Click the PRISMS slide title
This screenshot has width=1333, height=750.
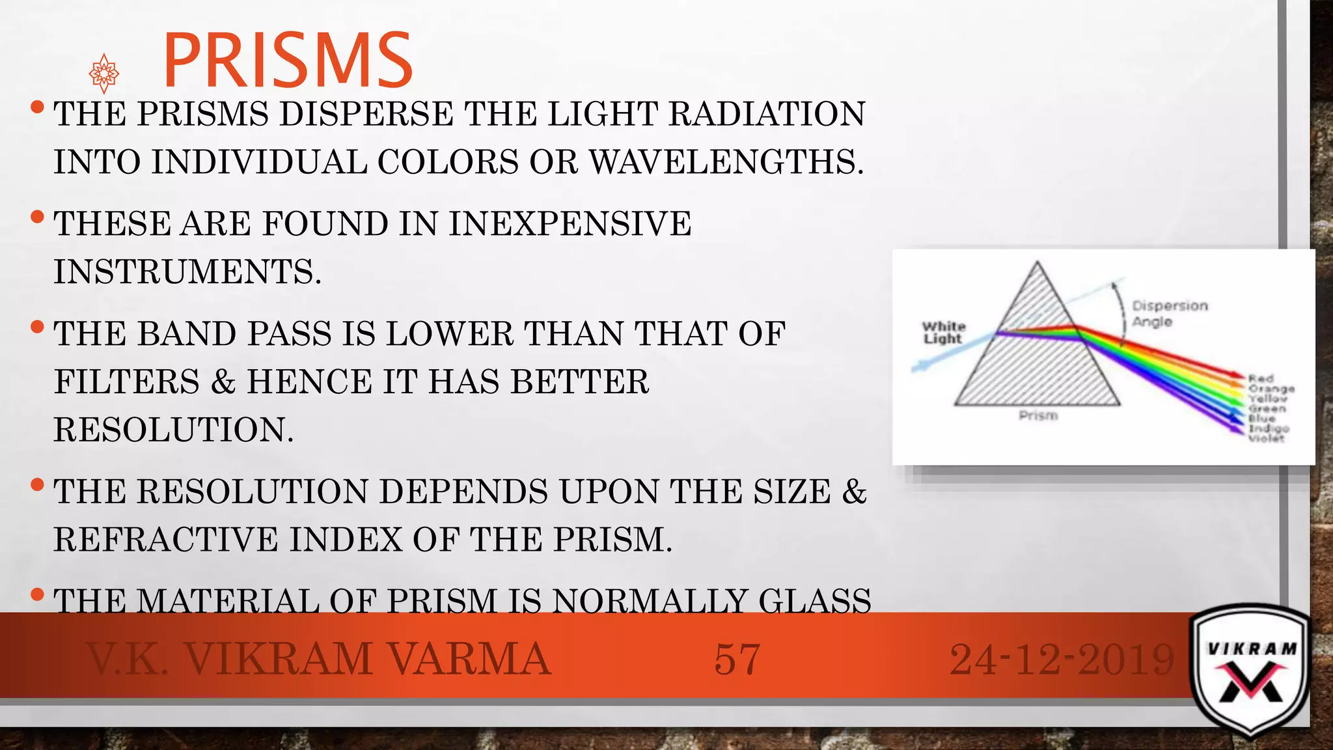pyautogui.click(x=287, y=60)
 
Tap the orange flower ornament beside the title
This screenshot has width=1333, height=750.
pyautogui.click(x=104, y=74)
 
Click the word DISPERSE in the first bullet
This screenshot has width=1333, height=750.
pyautogui.click(x=366, y=114)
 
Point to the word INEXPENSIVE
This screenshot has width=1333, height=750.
pyautogui.click(x=570, y=224)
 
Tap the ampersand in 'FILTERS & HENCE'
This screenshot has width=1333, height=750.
pyautogui.click(x=223, y=382)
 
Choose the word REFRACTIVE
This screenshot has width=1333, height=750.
pyautogui.click(x=165, y=540)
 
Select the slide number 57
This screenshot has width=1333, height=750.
pyautogui.click(x=737, y=659)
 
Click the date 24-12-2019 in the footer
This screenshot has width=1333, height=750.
pyautogui.click(x=1062, y=659)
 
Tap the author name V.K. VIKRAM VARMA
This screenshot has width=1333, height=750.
pyautogui.click(x=319, y=659)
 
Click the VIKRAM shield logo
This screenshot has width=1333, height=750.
pyautogui.click(x=1251, y=671)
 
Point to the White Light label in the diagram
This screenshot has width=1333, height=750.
pyautogui.click(x=943, y=332)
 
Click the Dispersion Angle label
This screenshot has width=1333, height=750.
pyautogui.click(x=1169, y=313)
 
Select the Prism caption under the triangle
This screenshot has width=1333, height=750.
pyautogui.click(x=1038, y=415)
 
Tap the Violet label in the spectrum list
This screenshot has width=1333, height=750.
pyautogui.click(x=1266, y=438)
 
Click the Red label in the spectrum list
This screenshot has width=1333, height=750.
pyautogui.click(x=1261, y=378)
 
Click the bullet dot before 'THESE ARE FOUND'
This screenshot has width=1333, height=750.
pyautogui.click(x=37, y=215)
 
